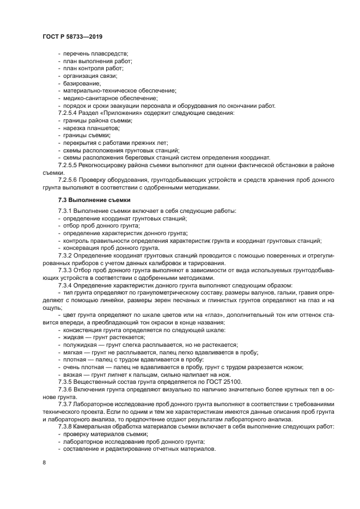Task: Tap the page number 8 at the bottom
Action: pyautogui.click(x=44, y=463)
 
